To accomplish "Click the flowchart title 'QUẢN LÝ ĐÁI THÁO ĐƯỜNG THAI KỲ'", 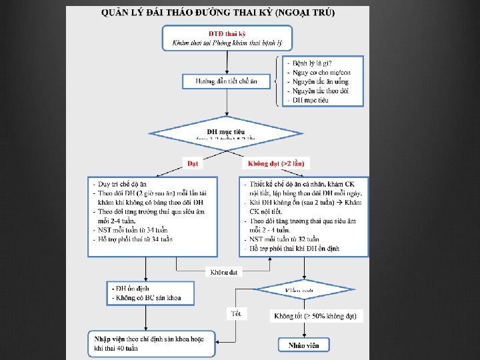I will (218, 13).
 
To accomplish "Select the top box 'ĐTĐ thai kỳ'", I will (227, 37).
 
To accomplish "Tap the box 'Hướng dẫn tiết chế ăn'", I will (227, 81).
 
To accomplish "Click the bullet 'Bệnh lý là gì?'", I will (313, 63).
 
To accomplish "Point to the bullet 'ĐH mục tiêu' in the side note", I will (310, 100).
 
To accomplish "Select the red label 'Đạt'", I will (193, 163).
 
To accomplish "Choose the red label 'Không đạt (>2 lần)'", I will (276, 163).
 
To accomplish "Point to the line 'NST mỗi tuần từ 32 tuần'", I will (284, 239).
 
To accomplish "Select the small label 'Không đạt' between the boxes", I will (224, 271).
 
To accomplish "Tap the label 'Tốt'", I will (237, 313).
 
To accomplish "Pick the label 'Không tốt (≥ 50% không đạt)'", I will (316, 315).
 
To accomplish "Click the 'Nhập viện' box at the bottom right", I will (303, 345).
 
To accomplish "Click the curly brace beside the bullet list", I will (277, 81).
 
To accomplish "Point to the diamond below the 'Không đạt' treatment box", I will (303, 289).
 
